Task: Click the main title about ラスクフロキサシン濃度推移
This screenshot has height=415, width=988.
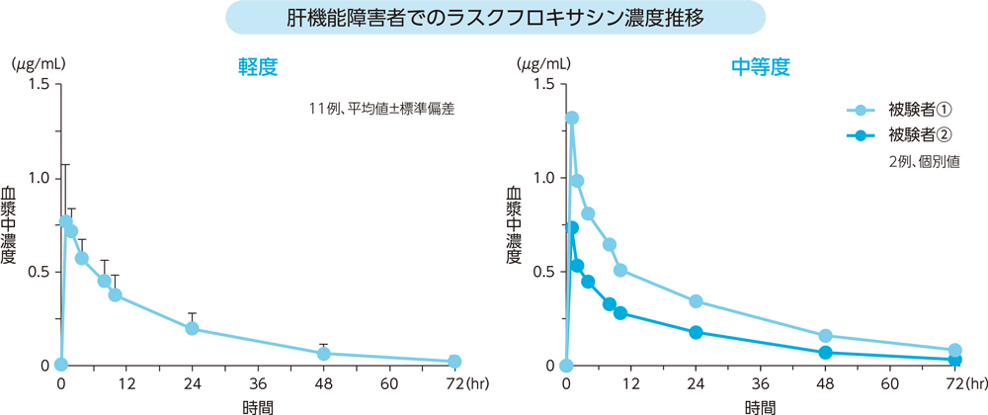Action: [x=495, y=19]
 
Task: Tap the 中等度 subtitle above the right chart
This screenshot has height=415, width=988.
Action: [x=761, y=67]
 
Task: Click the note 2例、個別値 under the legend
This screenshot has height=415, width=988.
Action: [x=924, y=159]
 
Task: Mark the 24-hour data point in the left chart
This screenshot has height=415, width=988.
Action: [x=192, y=329]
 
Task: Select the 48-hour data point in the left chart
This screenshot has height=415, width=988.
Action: [x=323, y=353]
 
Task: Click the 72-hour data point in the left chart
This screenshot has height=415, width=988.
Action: [x=454, y=362]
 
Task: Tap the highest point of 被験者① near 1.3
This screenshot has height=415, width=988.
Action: [x=571, y=118]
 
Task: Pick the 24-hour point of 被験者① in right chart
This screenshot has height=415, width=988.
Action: [x=696, y=301]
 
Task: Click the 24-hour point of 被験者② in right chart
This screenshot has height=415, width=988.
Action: [x=696, y=332]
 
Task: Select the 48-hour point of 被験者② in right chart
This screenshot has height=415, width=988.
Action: [x=826, y=352]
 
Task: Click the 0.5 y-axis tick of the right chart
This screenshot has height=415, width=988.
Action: [x=542, y=272]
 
